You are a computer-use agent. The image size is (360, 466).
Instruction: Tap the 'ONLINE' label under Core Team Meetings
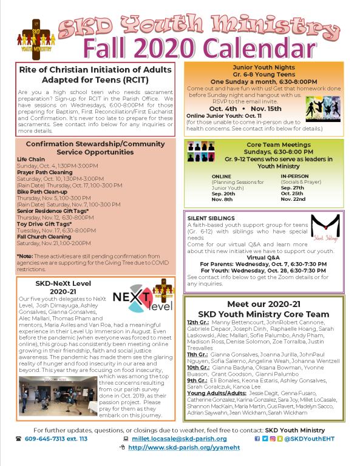coord(221,176)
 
